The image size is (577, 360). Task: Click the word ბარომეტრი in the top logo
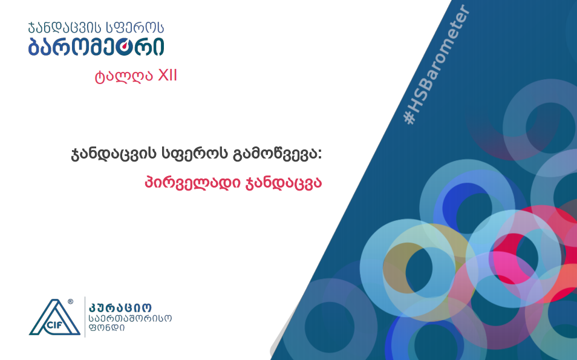click(x=96, y=47)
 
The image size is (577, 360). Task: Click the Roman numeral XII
click(x=168, y=76)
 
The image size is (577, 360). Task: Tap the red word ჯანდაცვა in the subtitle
click(x=283, y=183)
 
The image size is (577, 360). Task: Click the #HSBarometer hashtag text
click(x=437, y=64)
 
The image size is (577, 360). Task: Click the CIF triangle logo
click(x=54, y=317)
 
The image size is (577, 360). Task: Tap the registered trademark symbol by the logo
click(x=70, y=301)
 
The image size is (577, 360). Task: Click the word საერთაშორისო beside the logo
click(x=130, y=318)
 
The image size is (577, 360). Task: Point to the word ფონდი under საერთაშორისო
click(x=106, y=327)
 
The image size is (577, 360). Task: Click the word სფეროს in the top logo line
click(x=135, y=28)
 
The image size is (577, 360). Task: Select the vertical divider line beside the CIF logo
click(x=85, y=317)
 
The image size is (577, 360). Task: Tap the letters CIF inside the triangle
click(x=54, y=325)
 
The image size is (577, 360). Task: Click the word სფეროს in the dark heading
click(x=195, y=154)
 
